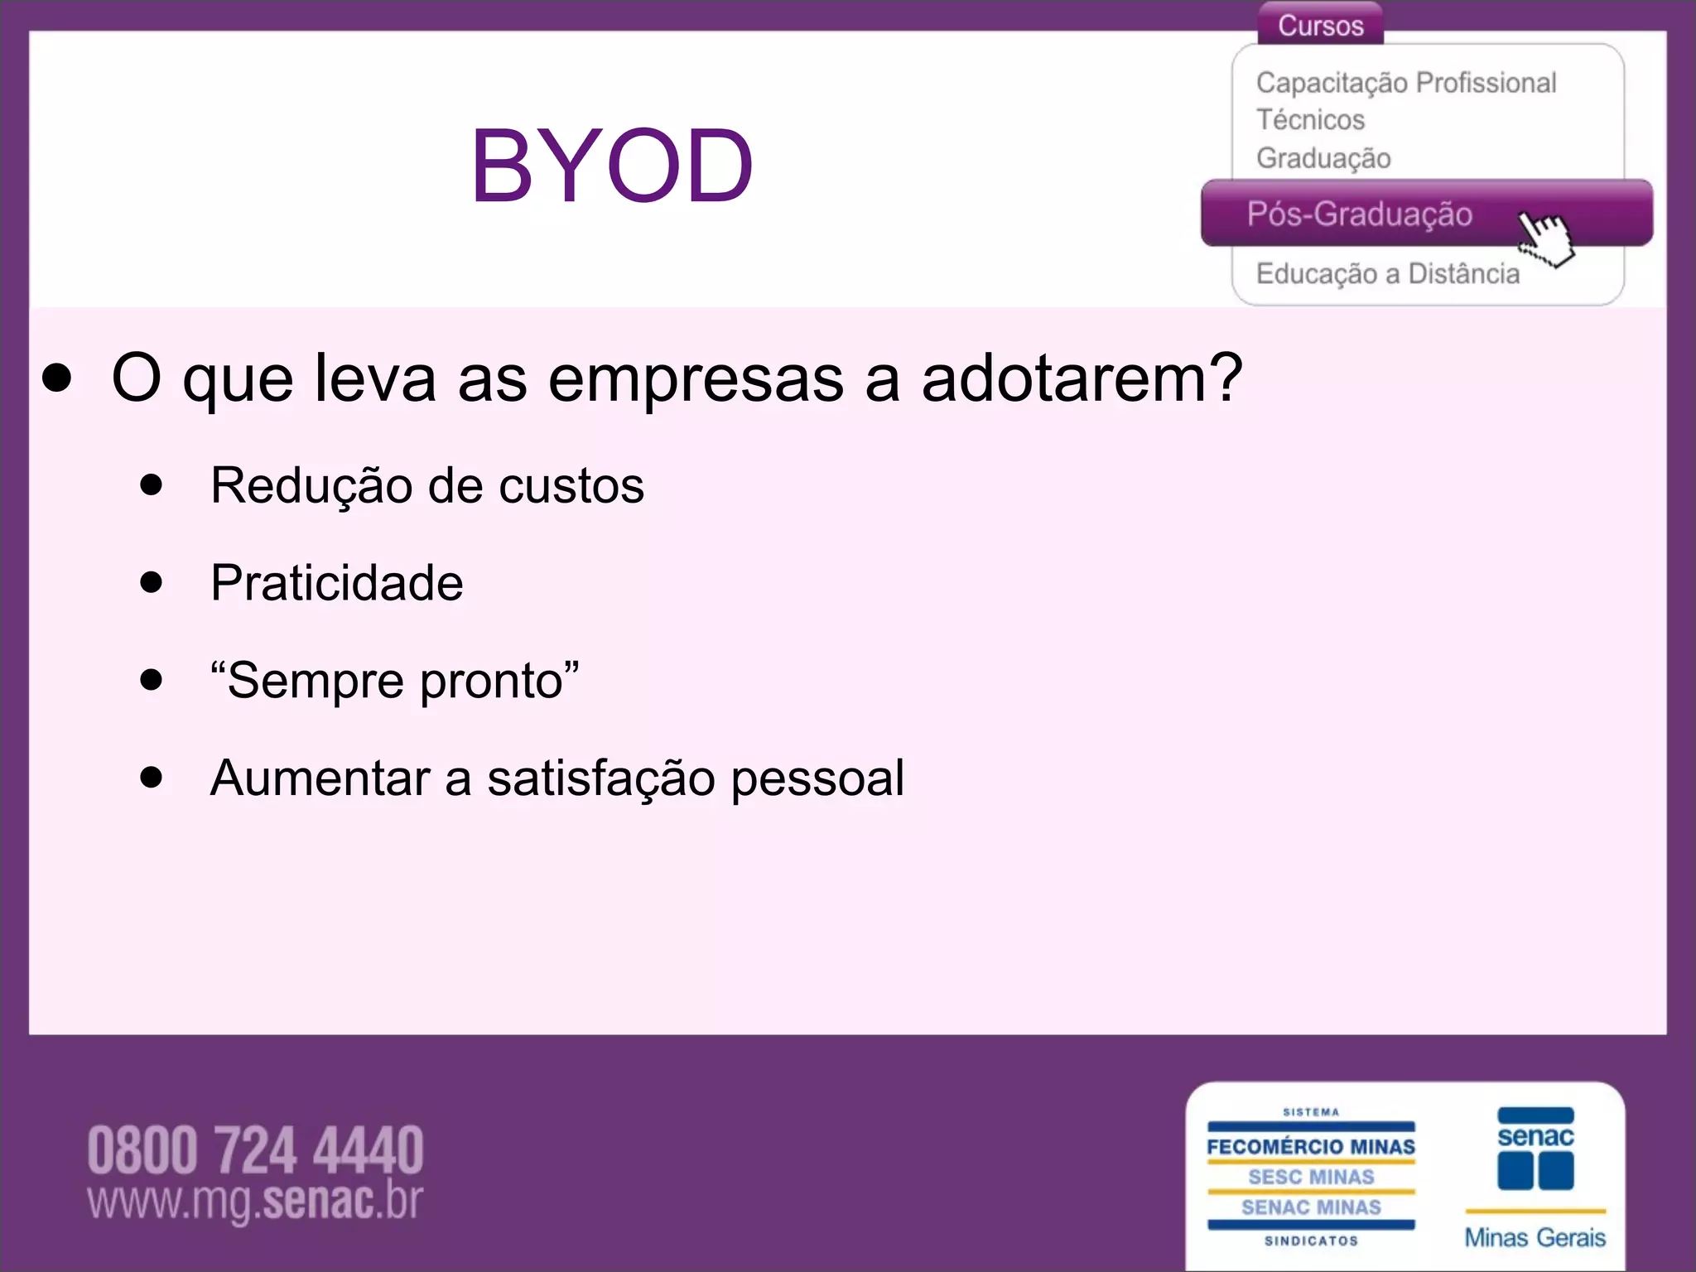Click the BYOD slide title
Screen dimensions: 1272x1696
click(x=612, y=166)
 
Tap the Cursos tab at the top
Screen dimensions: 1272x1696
click(x=1320, y=26)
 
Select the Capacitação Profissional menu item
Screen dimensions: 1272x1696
click(x=1405, y=83)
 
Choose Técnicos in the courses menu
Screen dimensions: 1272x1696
click(x=1310, y=120)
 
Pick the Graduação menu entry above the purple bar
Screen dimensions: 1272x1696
click(x=1323, y=158)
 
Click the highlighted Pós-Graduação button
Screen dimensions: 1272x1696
click(x=1359, y=214)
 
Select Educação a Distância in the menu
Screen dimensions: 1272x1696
click(x=1387, y=274)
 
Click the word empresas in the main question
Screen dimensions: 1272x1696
click(x=696, y=380)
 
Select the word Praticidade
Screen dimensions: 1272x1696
click(x=336, y=583)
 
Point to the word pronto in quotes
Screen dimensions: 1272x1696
click(x=491, y=682)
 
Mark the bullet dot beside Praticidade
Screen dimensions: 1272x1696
click(x=152, y=582)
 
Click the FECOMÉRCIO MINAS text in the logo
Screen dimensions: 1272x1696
click(x=1310, y=1147)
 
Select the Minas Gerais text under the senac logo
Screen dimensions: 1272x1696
click(x=1535, y=1237)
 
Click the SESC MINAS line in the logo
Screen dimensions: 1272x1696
click(x=1310, y=1177)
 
